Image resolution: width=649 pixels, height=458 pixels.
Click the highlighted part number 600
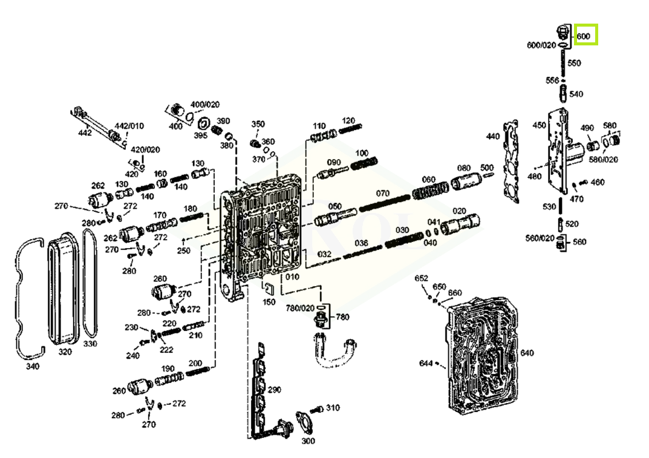point(584,36)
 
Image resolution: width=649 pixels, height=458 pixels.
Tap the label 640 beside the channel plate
point(527,353)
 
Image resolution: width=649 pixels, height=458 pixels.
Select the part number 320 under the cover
point(65,352)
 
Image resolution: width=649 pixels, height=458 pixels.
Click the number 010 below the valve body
point(293,277)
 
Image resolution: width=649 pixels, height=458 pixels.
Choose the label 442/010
point(129,126)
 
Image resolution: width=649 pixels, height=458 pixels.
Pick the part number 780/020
point(300,307)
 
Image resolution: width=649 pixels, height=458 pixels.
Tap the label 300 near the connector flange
point(308,441)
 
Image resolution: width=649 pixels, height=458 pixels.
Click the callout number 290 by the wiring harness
point(275,390)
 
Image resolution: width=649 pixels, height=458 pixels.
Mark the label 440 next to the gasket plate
point(493,136)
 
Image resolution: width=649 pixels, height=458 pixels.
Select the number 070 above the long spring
point(383,194)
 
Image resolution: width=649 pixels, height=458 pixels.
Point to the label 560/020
point(540,238)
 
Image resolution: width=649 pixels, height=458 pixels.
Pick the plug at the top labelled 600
point(562,32)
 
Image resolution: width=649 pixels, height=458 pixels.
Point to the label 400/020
point(205,105)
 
